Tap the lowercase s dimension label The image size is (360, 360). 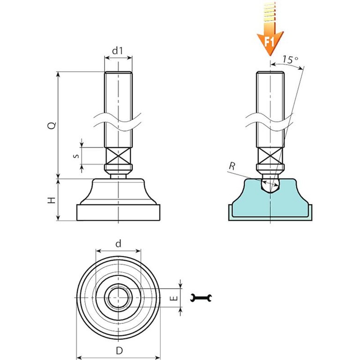76,156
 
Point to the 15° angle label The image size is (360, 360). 291,60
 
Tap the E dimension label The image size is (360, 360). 172,298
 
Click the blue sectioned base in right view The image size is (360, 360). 244,202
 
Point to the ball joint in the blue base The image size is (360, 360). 270,184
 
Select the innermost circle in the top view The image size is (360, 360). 118,298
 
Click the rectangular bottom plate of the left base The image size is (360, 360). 118,213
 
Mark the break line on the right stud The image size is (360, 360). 270,121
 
